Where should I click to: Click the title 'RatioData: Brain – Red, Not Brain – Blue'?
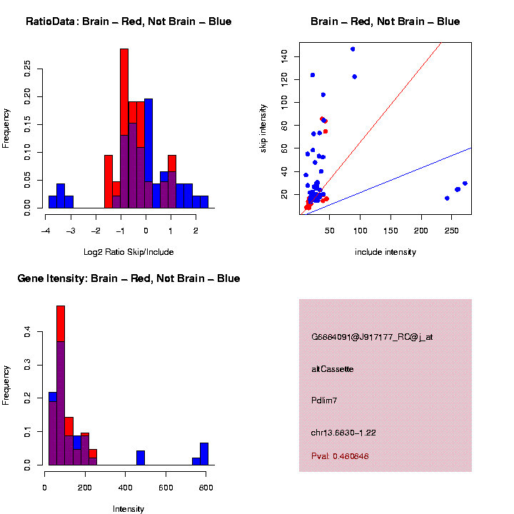point(128,21)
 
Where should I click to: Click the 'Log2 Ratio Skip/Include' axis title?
point(130,252)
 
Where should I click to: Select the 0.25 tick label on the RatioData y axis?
point(28,68)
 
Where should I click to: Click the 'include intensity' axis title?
point(385,252)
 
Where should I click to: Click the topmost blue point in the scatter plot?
point(353,49)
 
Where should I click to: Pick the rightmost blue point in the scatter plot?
point(465,183)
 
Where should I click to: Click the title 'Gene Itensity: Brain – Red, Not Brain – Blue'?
point(128,278)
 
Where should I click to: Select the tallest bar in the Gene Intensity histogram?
point(61,385)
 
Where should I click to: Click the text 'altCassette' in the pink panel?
point(333,369)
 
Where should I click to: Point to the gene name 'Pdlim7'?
point(324,400)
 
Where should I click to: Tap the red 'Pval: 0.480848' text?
point(341,456)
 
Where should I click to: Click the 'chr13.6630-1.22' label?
point(343,433)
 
